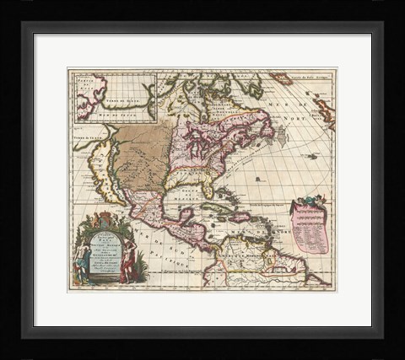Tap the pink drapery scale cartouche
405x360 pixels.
click(310, 228)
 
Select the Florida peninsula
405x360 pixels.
click(206, 191)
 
